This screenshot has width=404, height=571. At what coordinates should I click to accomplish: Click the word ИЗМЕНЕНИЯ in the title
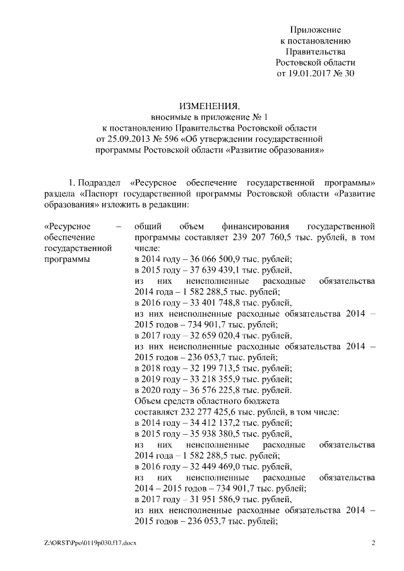(201, 106)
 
